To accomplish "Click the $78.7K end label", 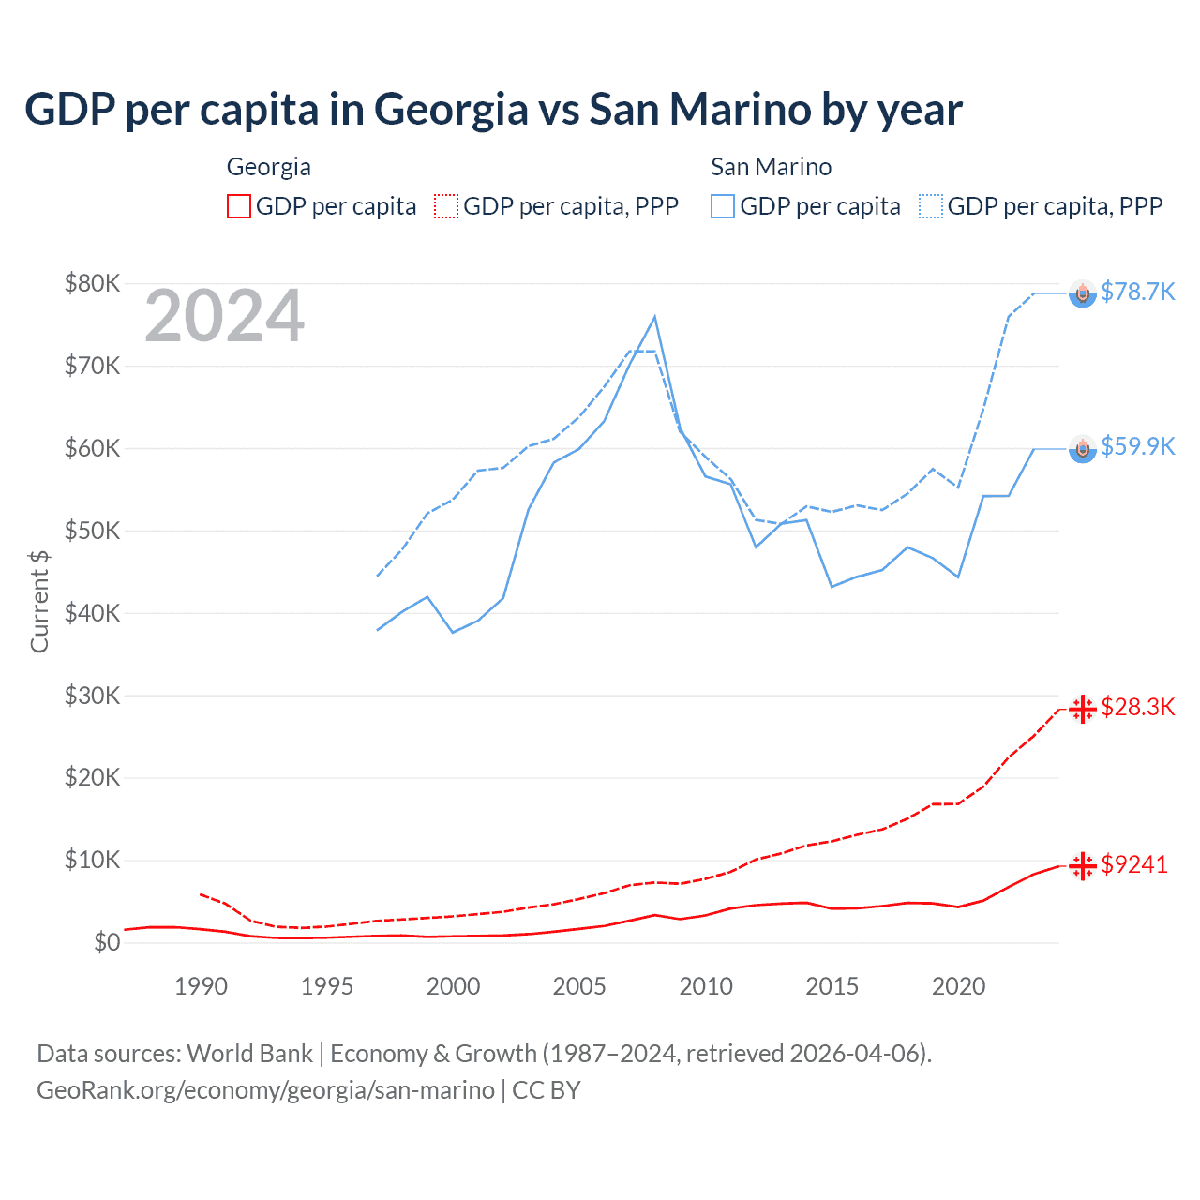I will point(1137,292).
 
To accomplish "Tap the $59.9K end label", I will point(1137,446).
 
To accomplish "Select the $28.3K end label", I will point(1137,707).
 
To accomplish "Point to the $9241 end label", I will point(1134,864).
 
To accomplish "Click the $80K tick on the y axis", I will point(92,283).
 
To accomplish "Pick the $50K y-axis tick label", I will point(92,531).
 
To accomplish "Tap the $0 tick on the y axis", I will point(107,942).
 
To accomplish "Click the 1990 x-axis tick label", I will point(201,986).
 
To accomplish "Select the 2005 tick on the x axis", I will point(579,986).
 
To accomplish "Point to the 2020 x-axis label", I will point(958,986).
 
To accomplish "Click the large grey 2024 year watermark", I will point(224,317).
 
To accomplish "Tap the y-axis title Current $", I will point(39,601).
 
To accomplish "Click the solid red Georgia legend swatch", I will point(239,206).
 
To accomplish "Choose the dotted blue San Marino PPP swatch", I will point(931,206).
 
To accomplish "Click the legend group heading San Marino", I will point(771,167).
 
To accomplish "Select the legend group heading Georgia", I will point(268,167).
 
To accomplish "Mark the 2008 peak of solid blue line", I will point(654,317).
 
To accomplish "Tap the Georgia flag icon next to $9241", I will point(1083,866).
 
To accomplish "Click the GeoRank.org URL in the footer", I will point(265,1090).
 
